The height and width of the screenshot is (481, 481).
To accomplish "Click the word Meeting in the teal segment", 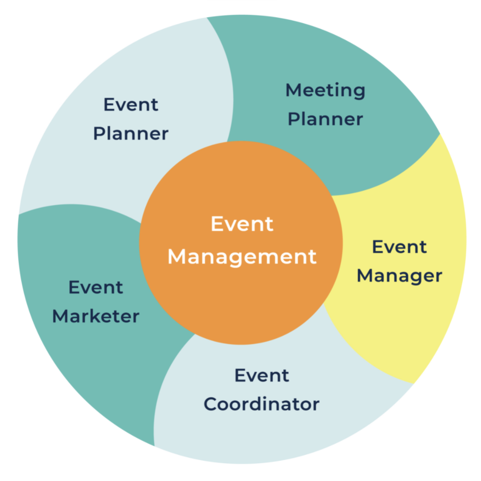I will (325, 90).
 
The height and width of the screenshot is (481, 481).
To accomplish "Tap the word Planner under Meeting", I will (325, 120).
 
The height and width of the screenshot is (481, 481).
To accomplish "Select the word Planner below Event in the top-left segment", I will (131, 134).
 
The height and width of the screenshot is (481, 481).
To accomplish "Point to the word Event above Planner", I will (131, 105).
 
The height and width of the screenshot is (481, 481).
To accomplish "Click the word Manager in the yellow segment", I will (399, 276).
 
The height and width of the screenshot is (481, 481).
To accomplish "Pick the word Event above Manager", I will (399, 247).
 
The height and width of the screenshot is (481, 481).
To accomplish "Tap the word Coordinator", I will (261, 404).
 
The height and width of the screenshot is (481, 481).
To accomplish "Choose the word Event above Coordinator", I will (261, 375).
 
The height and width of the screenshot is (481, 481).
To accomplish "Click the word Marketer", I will (95, 316).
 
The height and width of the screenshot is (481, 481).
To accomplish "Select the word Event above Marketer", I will (95, 287).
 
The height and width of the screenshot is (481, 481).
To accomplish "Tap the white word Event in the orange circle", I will (241, 224).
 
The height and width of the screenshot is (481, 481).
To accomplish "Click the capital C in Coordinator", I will (210, 404).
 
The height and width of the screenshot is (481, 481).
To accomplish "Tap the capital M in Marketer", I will (60, 316).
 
